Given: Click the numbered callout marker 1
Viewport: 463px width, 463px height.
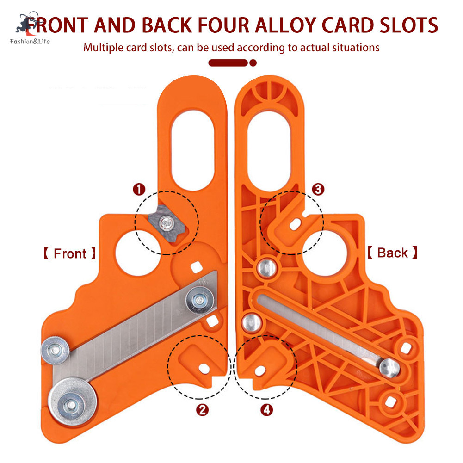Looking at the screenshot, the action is tap(139, 189).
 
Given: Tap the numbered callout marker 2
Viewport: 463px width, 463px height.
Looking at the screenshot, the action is tap(202, 410).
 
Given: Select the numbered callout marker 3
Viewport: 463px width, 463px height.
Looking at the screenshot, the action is tap(318, 189).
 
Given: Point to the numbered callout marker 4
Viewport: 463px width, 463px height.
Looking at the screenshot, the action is tap(266, 410).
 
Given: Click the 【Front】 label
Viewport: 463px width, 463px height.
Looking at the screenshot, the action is tap(70, 253).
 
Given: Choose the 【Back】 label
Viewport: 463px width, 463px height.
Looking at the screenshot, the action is tap(392, 253).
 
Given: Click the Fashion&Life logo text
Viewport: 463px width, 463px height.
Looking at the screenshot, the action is tap(30, 41).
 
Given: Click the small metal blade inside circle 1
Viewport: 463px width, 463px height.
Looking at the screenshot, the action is tap(167, 223).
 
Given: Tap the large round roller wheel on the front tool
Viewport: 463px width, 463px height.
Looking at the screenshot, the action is tap(72, 402).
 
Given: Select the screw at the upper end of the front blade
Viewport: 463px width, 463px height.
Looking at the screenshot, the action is tap(200, 300).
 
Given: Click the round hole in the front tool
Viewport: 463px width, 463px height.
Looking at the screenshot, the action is tap(138, 253).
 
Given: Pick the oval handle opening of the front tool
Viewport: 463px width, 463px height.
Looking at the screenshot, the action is tap(193, 151).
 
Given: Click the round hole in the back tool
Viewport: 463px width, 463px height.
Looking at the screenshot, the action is tap(324, 253).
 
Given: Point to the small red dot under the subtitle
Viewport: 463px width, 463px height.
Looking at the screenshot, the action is tap(253, 62).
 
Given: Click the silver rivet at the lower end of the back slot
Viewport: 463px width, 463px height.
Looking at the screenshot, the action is tap(389, 368).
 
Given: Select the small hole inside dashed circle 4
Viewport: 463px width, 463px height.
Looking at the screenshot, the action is tap(260, 371).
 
